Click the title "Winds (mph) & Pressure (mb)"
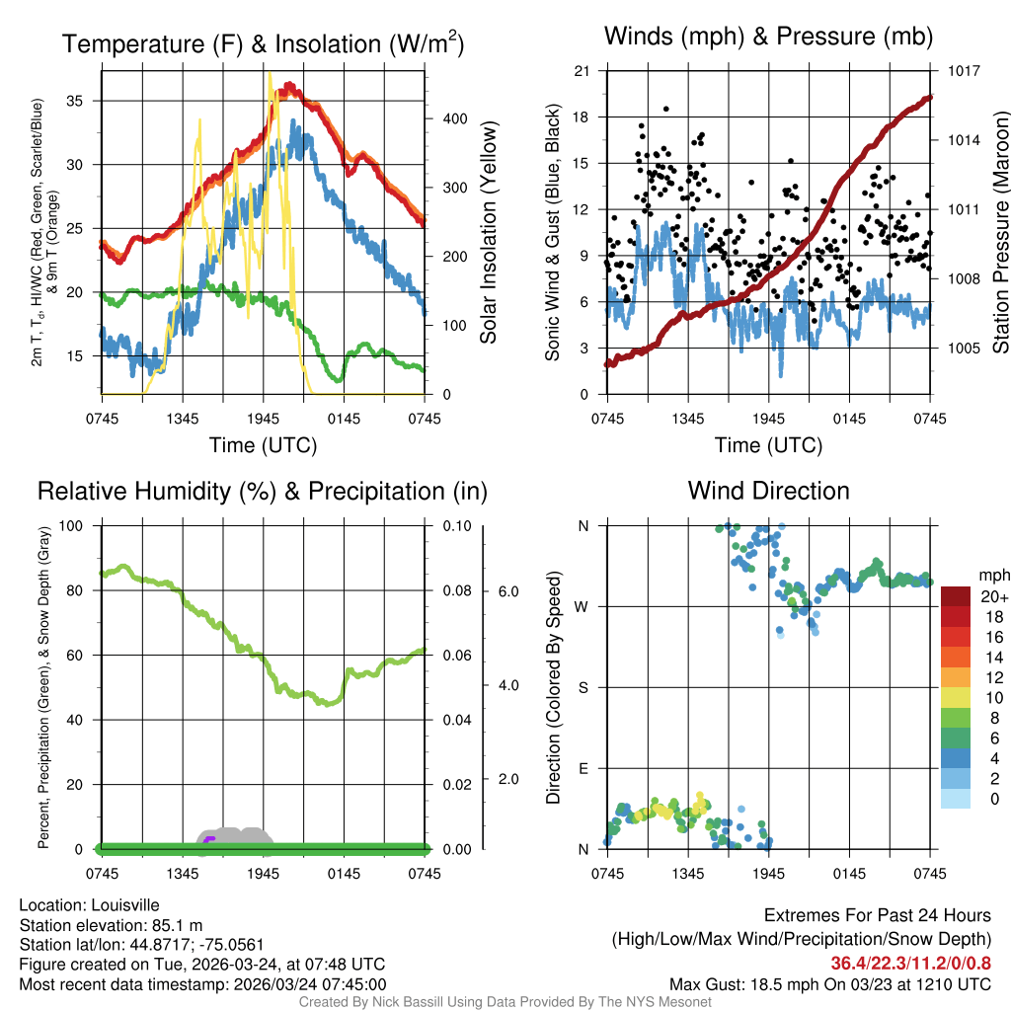coord(768,38)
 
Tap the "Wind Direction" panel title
coord(768,491)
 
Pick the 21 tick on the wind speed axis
coord(582,71)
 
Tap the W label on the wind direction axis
coord(583,607)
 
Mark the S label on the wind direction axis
coord(583,688)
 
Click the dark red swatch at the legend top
coord(956,596)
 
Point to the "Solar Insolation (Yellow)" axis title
coord(488,232)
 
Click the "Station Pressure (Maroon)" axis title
coord(1000,232)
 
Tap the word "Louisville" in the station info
coord(124,905)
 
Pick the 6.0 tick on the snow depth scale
coord(507,591)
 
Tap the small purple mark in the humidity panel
coord(209,839)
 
